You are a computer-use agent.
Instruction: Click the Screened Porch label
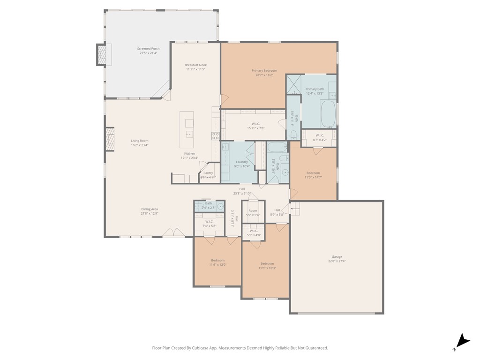(x=148, y=49)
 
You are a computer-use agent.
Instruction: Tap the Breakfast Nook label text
(x=195, y=65)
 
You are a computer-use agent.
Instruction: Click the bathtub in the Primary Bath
(x=328, y=114)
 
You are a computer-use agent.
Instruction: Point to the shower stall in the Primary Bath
(x=293, y=84)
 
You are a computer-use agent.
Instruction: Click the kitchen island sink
(x=189, y=135)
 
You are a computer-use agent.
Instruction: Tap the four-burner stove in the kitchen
(x=215, y=136)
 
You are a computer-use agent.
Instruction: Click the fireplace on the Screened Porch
(x=101, y=55)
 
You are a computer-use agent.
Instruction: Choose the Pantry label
(x=208, y=173)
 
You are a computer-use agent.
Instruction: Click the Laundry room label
(x=242, y=162)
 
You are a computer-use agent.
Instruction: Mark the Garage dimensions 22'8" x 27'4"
(x=337, y=261)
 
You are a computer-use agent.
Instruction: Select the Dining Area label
(x=150, y=209)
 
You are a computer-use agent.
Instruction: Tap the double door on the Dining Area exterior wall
(x=173, y=233)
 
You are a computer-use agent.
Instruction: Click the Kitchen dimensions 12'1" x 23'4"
(x=189, y=158)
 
